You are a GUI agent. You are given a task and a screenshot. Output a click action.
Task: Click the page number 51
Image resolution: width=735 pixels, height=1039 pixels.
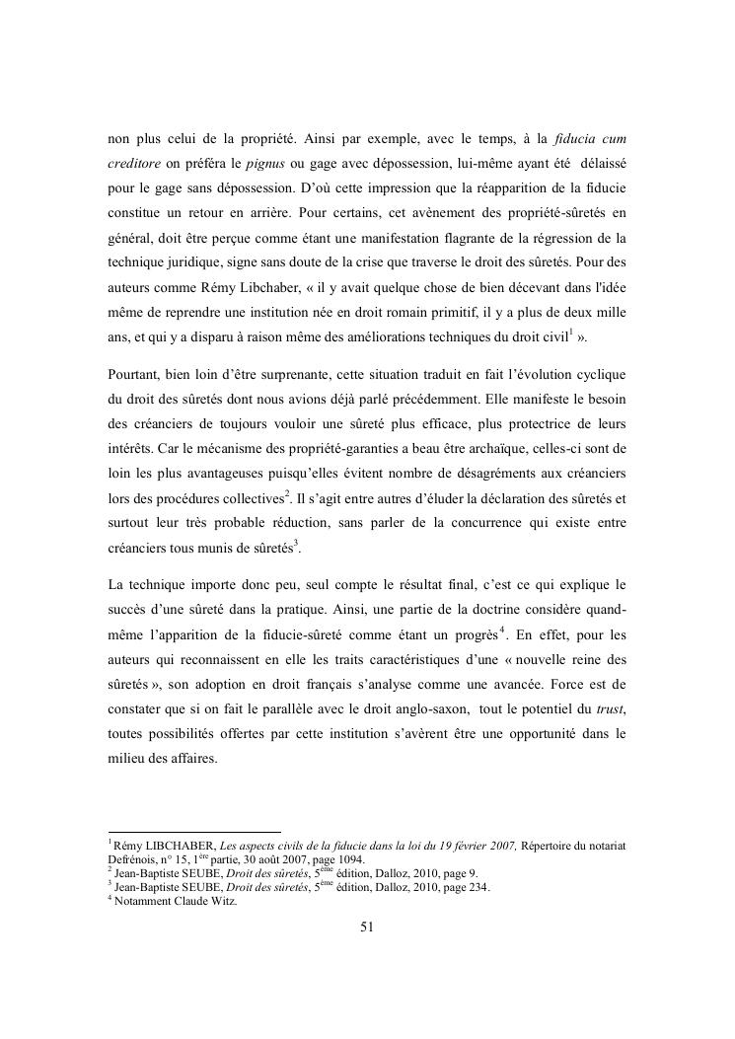tap(367, 927)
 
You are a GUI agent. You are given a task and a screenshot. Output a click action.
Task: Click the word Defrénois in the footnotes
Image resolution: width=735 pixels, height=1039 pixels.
tap(133, 858)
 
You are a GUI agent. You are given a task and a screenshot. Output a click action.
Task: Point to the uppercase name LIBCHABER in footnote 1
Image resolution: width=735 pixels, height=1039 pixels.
tap(183, 845)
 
